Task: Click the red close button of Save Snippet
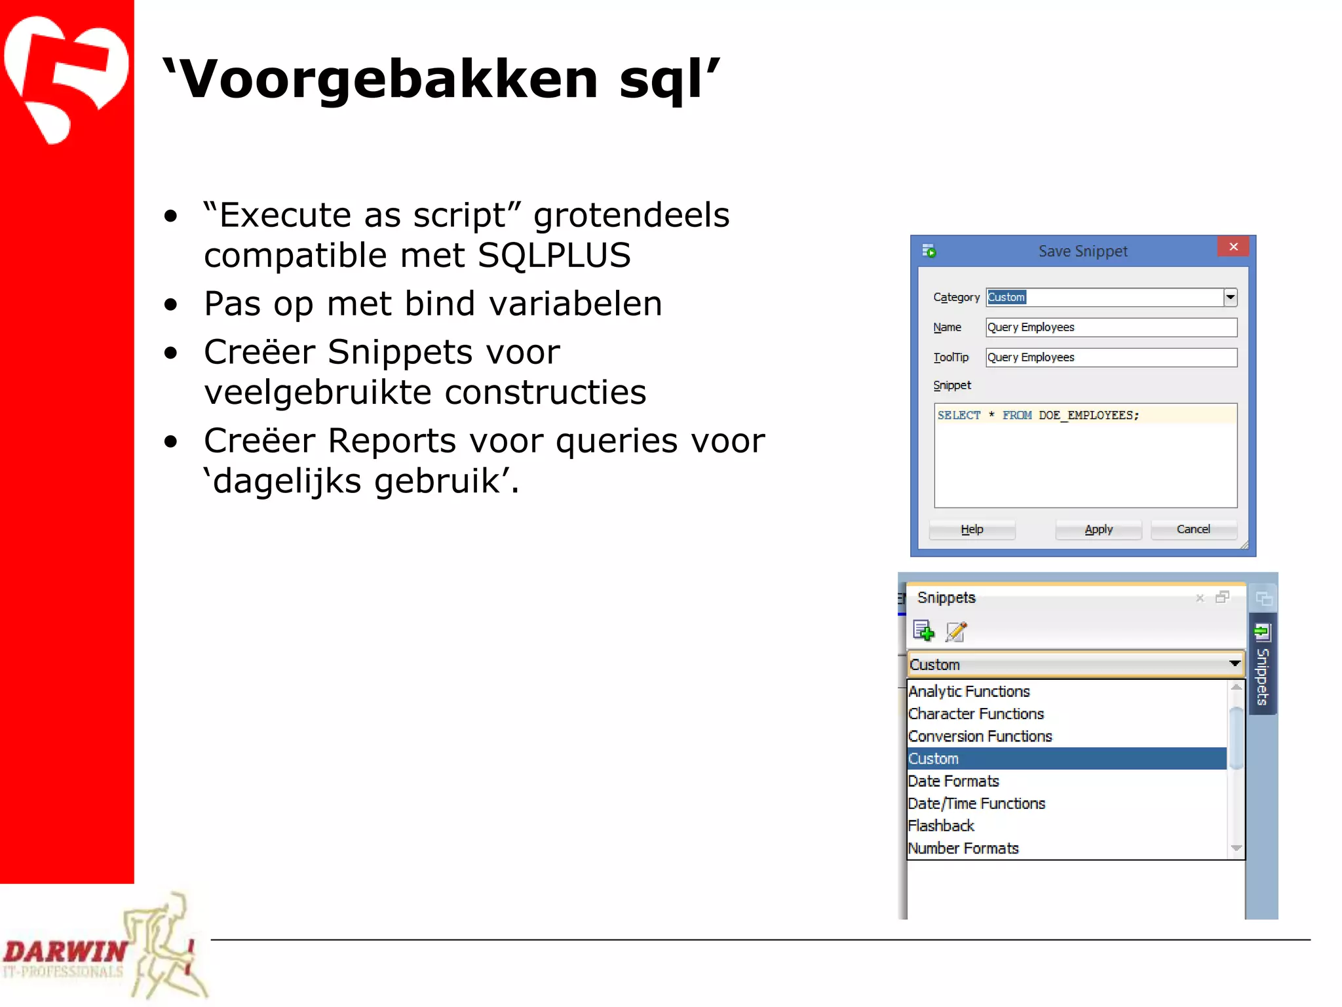pos(1233,247)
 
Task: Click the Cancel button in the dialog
pos(1193,529)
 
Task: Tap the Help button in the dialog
pos(972,529)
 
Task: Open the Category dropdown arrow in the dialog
pos(1230,297)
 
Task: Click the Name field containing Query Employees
pos(1111,327)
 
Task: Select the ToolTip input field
pos(1111,357)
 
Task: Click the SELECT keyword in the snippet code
pos(959,415)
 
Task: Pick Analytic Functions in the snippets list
pos(969,691)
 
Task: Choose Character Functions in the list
pos(976,713)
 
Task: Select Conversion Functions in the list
pos(980,736)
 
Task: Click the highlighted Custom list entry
pos(934,759)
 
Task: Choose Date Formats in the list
pos(953,781)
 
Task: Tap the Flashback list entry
pos(941,825)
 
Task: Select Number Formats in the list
pos(963,848)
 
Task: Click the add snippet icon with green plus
pos(923,631)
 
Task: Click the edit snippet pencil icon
pos(956,631)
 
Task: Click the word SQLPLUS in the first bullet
pos(554,255)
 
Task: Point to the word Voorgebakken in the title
pos(388,79)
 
